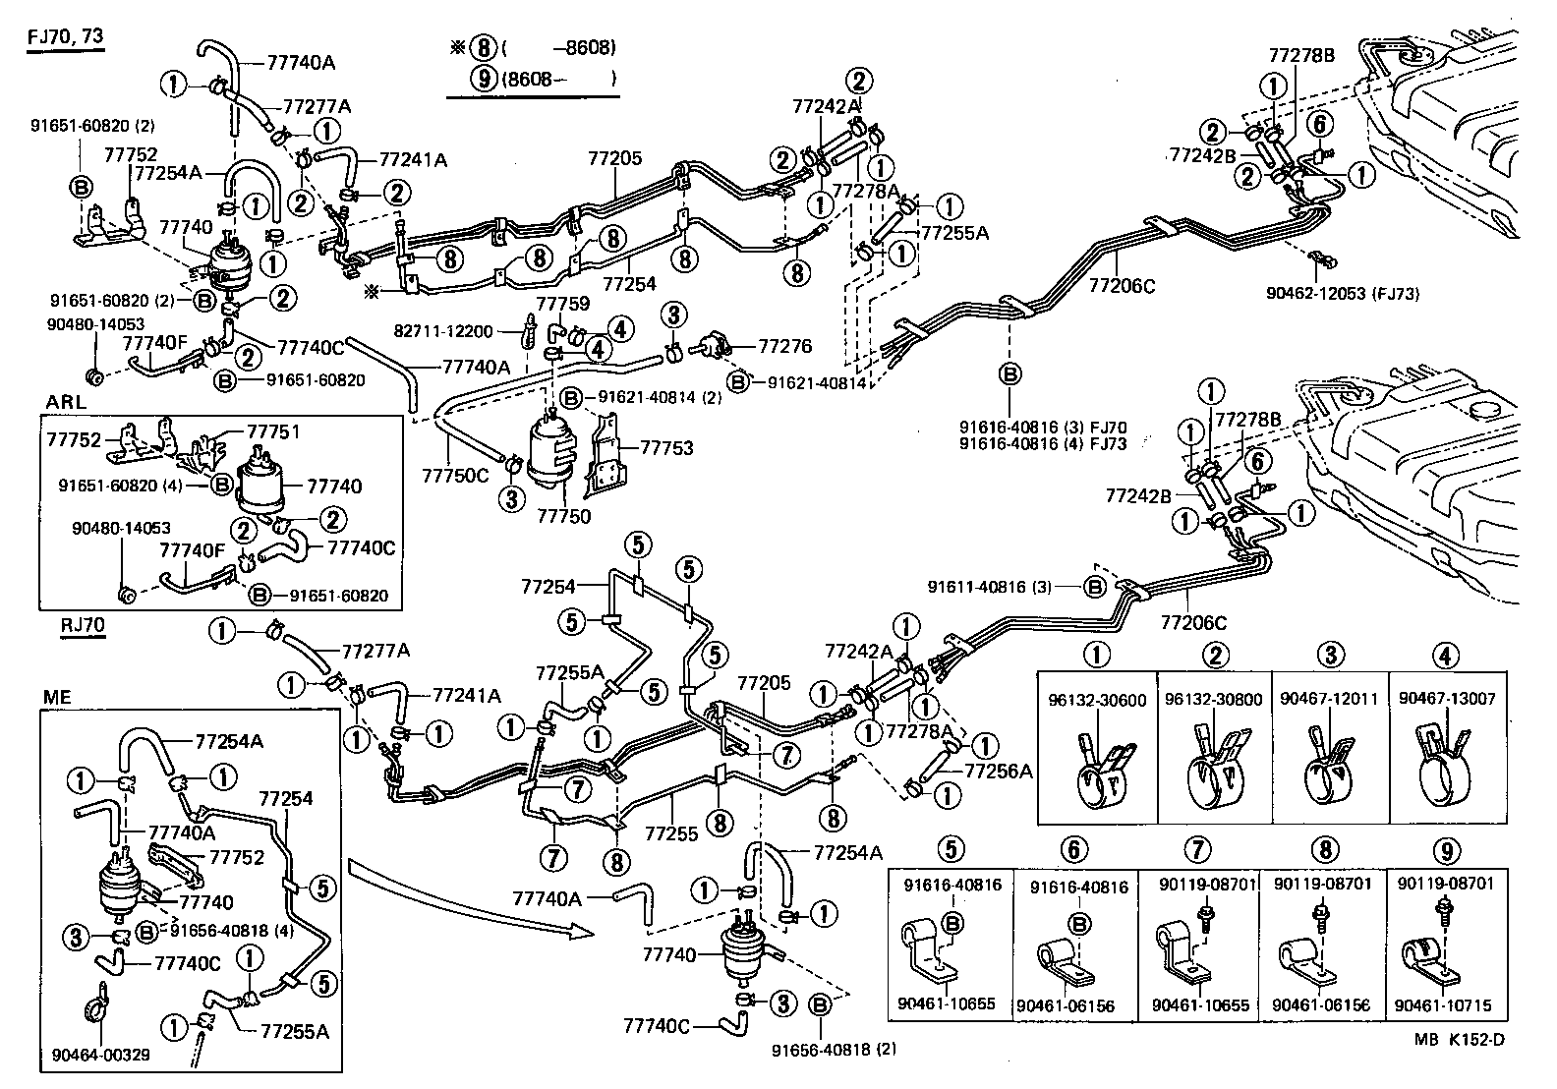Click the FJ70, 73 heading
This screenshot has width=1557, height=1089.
(x=65, y=36)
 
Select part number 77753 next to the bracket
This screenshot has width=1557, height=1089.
(x=666, y=448)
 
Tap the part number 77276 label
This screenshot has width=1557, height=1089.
(x=784, y=346)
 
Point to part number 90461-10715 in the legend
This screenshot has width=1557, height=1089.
(x=1442, y=1005)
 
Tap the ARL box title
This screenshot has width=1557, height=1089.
(x=66, y=402)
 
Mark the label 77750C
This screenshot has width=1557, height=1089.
(x=455, y=475)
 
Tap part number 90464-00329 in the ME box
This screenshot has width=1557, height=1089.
(x=101, y=1056)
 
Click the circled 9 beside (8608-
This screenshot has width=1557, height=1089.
(x=485, y=80)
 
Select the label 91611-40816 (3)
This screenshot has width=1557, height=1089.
(x=989, y=587)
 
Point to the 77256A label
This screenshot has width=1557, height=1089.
(x=999, y=772)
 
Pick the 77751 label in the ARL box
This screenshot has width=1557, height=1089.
(x=273, y=430)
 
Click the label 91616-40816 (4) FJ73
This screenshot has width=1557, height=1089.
(x=1043, y=444)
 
